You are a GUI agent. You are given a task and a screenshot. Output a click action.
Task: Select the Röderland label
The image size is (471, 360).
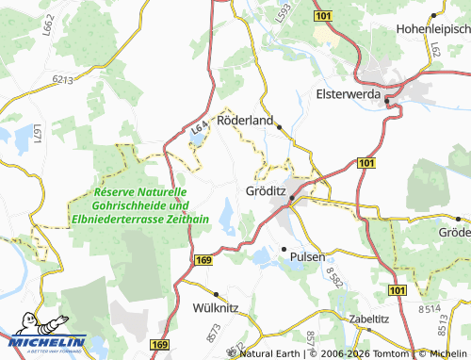pyautogui.click(x=244, y=122)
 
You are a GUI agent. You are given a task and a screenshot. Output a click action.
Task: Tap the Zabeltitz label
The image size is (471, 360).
pyautogui.click(x=368, y=319)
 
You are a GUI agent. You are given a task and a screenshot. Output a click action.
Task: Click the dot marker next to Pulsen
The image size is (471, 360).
pyautogui.click(x=283, y=249)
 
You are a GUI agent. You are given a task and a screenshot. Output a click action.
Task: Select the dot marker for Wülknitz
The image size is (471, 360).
pyautogui.click(x=216, y=293)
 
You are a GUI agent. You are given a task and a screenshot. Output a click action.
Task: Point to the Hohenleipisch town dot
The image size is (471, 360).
pyautogui.click(x=432, y=15)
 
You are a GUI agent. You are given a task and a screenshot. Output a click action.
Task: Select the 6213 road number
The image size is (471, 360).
pyautogui.click(x=64, y=81)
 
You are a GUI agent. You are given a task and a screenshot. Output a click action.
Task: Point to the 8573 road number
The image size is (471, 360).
pyautogui.click(x=214, y=331)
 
